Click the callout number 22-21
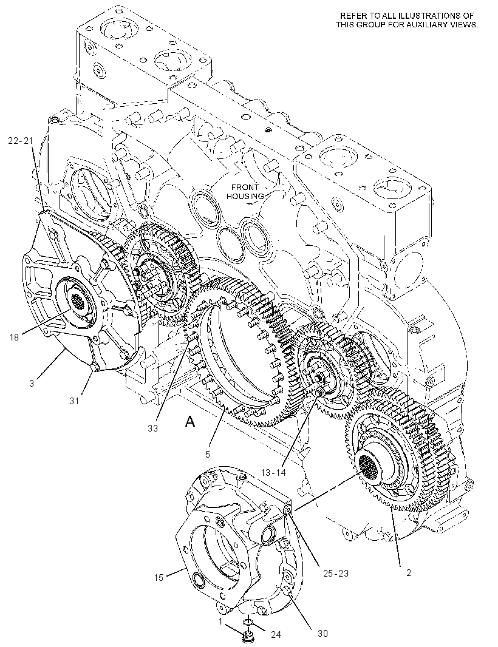(20, 141)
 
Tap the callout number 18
(14, 337)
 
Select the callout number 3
(32, 384)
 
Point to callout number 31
(74, 400)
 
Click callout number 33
(153, 429)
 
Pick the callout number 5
(207, 455)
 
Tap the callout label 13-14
(273, 472)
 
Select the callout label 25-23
(335, 573)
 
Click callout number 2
(408, 573)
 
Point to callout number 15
(159, 578)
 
